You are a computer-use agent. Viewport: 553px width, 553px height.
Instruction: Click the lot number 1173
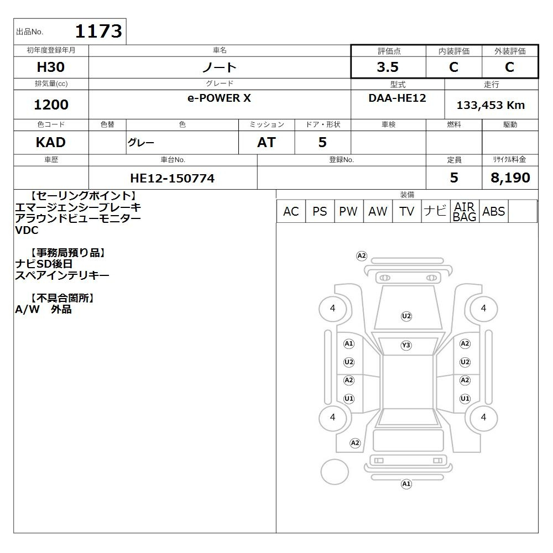coord(98,31)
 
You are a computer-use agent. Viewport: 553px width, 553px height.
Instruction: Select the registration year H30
coord(51,67)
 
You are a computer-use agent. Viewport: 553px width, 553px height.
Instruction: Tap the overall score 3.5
coord(388,67)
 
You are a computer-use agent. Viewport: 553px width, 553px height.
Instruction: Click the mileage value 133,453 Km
coord(491,105)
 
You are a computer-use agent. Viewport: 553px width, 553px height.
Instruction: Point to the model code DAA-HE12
coord(397,98)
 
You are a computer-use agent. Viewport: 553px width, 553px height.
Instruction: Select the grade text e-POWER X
coord(219,98)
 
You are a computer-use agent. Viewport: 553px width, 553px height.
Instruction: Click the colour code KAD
coord(51,142)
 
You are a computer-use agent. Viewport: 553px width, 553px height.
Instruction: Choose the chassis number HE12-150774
coord(172,178)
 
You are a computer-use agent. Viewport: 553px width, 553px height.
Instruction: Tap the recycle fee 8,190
coord(510,178)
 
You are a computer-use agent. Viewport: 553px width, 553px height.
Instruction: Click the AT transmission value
coord(267,142)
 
